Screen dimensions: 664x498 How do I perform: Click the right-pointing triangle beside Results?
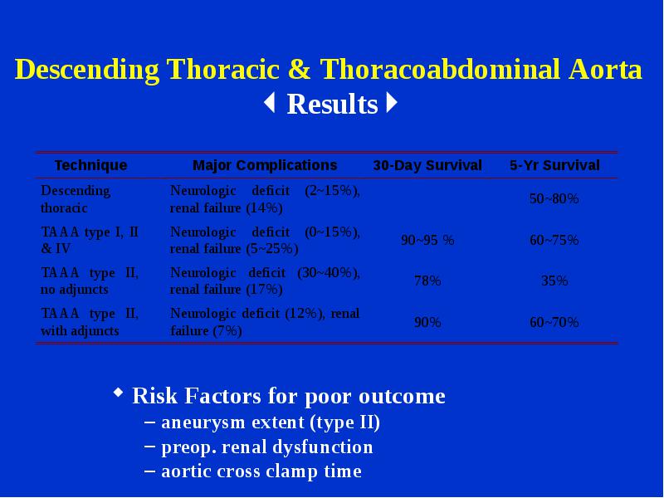[x=392, y=103]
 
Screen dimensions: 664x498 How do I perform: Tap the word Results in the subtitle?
[x=332, y=105]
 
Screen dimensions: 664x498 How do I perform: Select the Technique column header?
[x=90, y=165]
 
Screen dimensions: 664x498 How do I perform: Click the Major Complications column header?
[x=265, y=165]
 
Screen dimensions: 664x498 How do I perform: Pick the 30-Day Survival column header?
[x=427, y=165]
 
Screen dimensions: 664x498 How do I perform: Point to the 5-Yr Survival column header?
[x=554, y=165]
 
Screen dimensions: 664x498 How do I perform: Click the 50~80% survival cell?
[x=554, y=198]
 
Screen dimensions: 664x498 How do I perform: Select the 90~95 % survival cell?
[x=427, y=240]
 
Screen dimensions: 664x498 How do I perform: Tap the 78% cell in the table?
[x=427, y=281]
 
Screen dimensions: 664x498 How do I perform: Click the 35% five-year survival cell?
[x=554, y=281]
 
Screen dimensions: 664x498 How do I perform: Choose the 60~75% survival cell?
[x=554, y=240]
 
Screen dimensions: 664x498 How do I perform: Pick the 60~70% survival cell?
[x=554, y=322]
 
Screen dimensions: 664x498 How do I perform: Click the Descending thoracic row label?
[x=76, y=199]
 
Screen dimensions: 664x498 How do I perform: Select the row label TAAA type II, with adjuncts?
[x=90, y=322]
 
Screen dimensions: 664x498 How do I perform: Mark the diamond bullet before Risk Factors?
[x=119, y=392]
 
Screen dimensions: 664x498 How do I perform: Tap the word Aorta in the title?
[x=605, y=69]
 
